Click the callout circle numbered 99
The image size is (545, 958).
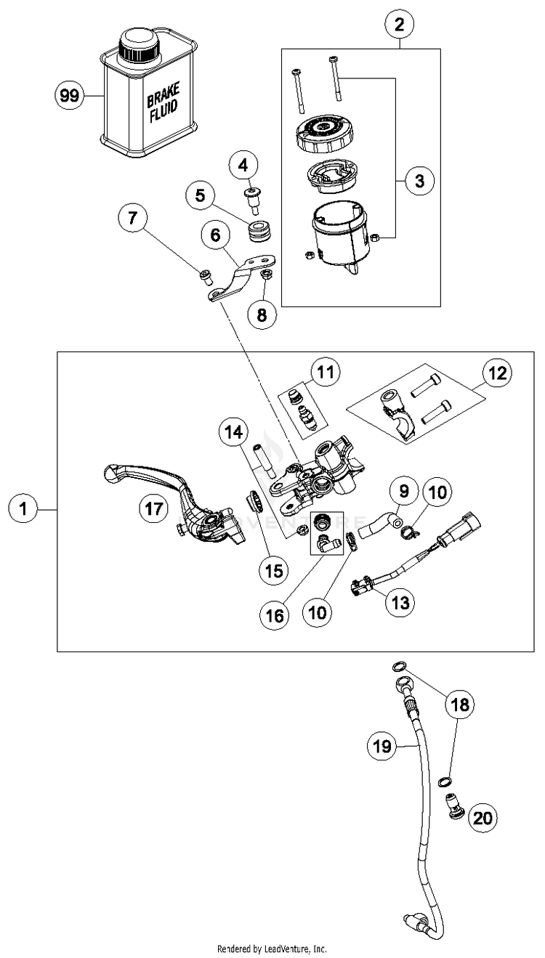(x=69, y=95)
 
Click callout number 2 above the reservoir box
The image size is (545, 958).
(x=399, y=25)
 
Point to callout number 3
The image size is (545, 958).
(x=419, y=179)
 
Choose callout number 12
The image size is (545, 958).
(x=498, y=374)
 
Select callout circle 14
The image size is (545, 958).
(x=233, y=434)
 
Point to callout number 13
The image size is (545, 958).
(x=402, y=601)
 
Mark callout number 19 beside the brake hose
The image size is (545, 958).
(x=383, y=745)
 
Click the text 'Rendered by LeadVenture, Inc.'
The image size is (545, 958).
(x=272, y=949)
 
